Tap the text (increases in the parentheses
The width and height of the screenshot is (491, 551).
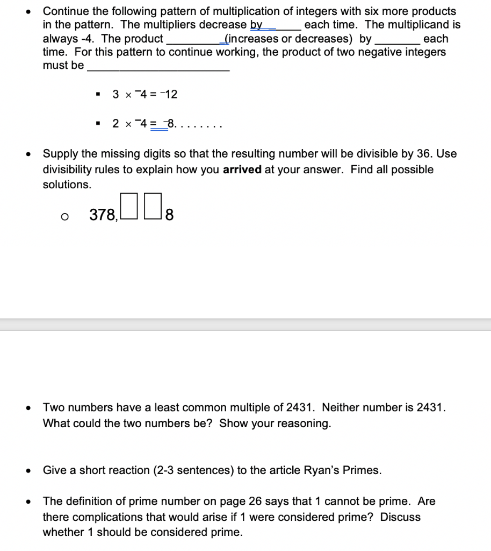(247, 39)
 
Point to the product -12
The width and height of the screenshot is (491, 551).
(169, 94)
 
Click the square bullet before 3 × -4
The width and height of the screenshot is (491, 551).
(97, 94)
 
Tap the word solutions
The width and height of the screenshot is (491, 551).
(67, 185)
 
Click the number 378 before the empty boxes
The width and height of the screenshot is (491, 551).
(102, 215)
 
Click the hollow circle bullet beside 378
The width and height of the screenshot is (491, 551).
(64, 216)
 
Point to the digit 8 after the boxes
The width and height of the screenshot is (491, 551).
(169, 216)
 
